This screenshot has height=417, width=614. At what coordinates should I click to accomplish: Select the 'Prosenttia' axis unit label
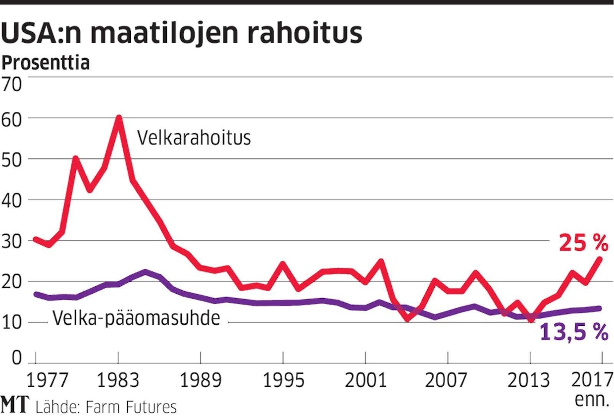(46, 63)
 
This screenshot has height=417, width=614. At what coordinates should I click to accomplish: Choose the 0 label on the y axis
(17, 357)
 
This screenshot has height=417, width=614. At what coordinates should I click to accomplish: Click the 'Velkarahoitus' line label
(194, 138)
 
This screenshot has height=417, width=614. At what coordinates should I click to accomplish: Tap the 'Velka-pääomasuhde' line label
(136, 318)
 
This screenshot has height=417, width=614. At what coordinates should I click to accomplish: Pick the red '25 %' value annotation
(583, 243)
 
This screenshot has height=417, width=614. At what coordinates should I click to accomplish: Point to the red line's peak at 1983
(119, 118)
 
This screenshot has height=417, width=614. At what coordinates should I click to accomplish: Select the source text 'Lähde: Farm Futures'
(106, 407)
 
